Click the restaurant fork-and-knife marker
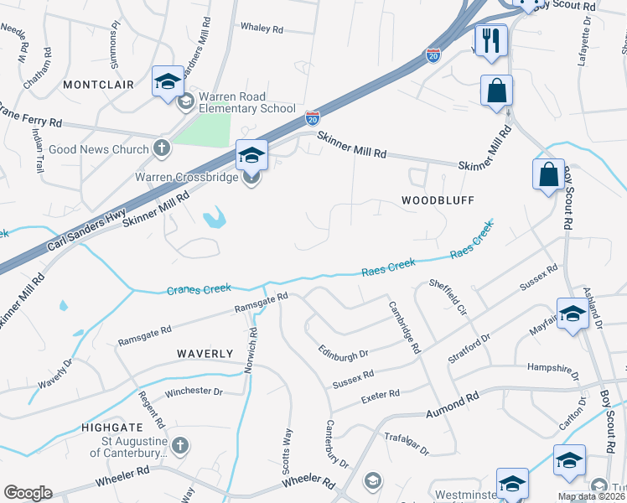click(490, 40)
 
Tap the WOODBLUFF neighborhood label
click(438, 201)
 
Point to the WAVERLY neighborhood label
click(205, 355)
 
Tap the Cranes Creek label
click(199, 289)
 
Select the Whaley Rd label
click(262, 29)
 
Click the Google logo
click(28, 493)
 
